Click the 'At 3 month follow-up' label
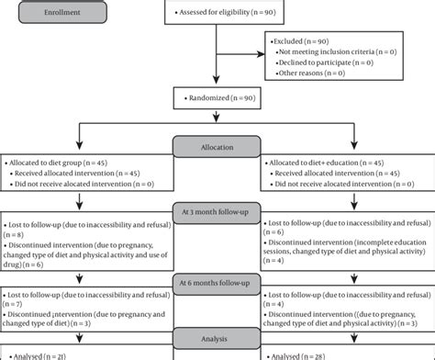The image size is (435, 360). click(x=217, y=210)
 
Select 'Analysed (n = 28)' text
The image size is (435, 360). click(x=303, y=354)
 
